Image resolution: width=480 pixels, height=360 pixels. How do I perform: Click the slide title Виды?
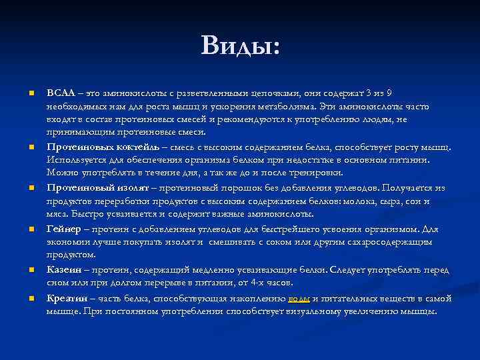click(x=240, y=46)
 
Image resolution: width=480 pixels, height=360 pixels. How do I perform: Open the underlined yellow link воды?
click(x=299, y=298)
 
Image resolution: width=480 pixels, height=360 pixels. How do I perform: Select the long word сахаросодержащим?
click(x=395, y=242)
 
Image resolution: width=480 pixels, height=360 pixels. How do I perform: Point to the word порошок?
click(x=231, y=188)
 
